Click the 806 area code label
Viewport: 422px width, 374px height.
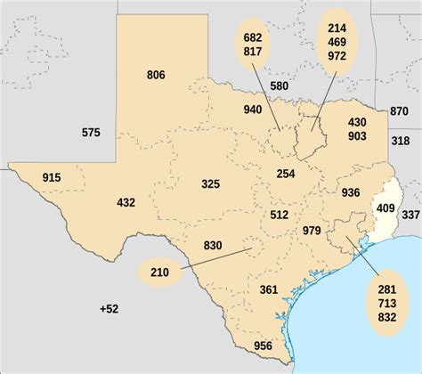pyautogui.click(x=156, y=75)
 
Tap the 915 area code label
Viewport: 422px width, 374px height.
pyautogui.click(x=52, y=179)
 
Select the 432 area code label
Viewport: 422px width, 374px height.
pyautogui.click(x=126, y=203)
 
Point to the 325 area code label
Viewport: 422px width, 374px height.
pyautogui.click(x=210, y=184)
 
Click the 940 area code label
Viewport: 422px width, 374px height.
pyautogui.click(x=253, y=110)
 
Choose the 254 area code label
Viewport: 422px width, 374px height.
pyautogui.click(x=285, y=174)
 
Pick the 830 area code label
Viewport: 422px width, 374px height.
pyautogui.click(x=213, y=246)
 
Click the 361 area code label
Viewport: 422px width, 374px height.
pyautogui.click(x=269, y=290)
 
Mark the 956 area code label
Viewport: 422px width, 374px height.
pyautogui.click(x=263, y=346)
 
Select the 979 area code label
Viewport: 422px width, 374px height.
pyautogui.click(x=312, y=232)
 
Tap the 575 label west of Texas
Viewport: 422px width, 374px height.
pyautogui.click(x=91, y=133)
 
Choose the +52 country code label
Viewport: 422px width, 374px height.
pyautogui.click(x=109, y=308)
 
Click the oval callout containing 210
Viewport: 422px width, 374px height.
pyautogui.click(x=159, y=272)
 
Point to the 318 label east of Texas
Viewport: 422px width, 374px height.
pyautogui.click(x=400, y=141)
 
